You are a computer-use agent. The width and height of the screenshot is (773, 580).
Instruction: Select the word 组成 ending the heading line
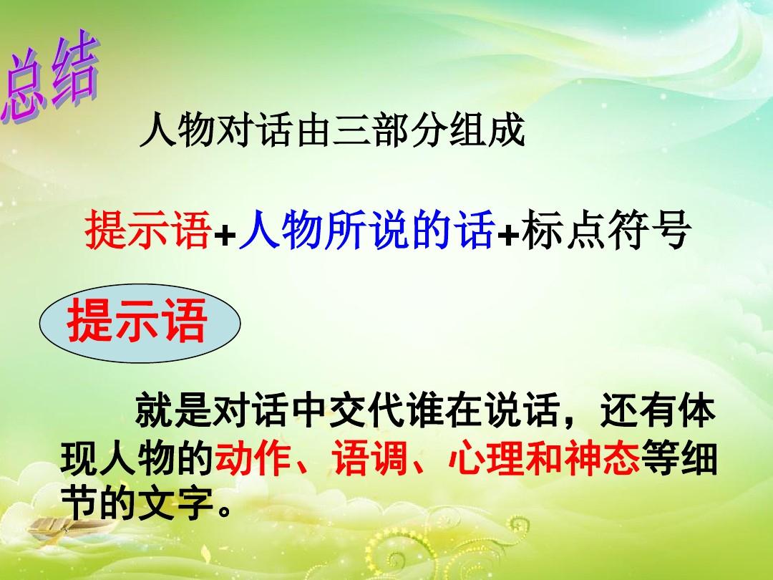(486, 131)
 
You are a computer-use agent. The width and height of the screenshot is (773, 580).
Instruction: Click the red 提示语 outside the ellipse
(148, 229)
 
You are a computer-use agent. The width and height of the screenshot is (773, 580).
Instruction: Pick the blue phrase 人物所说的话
(366, 229)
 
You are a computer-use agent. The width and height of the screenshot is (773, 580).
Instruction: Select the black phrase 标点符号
(604, 229)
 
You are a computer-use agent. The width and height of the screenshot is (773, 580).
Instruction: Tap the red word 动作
(253, 457)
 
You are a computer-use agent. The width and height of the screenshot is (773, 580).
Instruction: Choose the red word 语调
(370, 457)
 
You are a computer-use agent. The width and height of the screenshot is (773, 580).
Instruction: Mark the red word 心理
(487, 457)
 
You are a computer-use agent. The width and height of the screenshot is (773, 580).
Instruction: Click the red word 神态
(603, 457)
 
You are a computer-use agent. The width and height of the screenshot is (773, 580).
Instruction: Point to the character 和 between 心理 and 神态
(544, 457)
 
